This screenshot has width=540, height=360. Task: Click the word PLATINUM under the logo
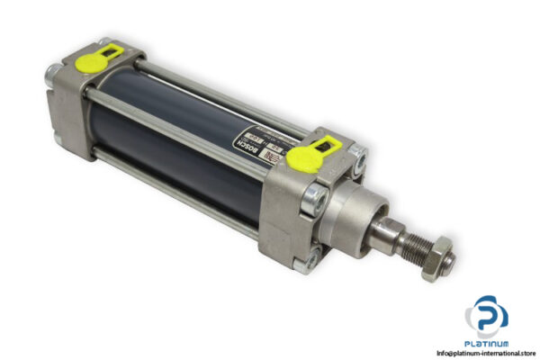(x=486, y=343)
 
